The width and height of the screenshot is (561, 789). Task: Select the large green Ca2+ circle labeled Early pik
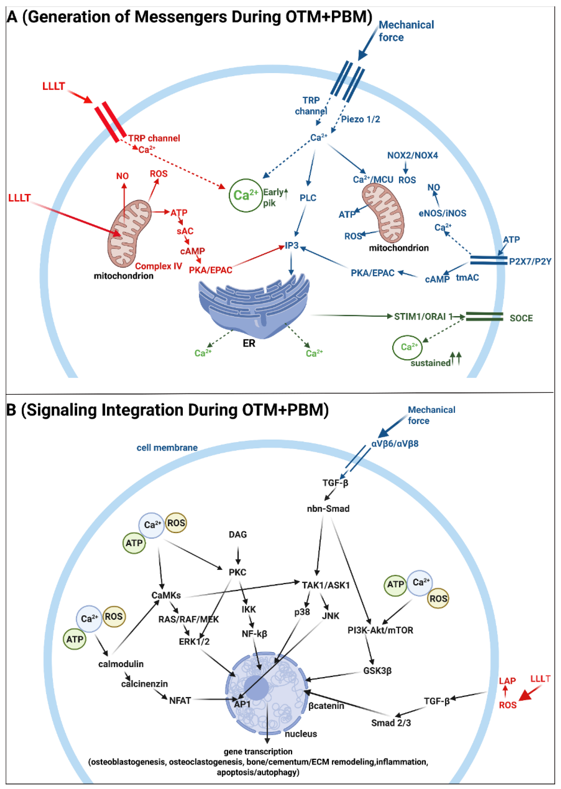point(245,195)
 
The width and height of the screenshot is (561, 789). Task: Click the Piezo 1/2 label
point(360,120)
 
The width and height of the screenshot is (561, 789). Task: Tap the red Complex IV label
point(158,266)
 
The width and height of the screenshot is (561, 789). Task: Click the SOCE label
point(521,318)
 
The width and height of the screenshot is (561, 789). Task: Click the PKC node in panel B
point(237,572)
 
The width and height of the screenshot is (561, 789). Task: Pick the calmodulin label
point(121,664)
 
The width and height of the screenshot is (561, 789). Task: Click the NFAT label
point(180,701)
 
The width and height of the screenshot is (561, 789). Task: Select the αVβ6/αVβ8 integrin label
point(394,444)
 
